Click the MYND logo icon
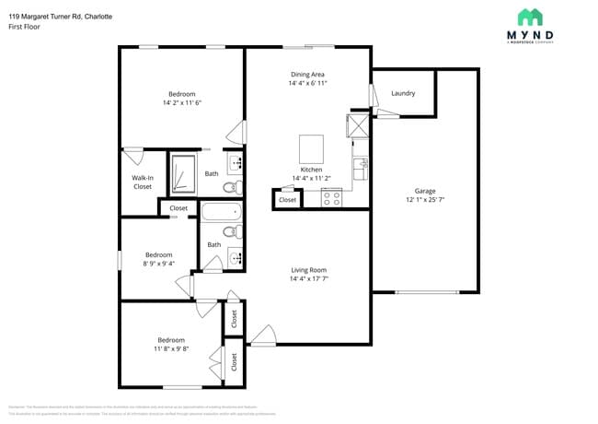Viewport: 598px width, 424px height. tap(530, 17)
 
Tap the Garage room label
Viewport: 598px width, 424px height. tap(424, 191)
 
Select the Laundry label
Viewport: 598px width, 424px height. tap(403, 93)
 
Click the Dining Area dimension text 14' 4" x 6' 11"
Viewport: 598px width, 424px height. tap(308, 84)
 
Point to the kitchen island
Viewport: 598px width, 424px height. tap(311, 148)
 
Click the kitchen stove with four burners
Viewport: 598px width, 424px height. tap(331, 196)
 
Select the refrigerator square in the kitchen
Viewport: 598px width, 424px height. tap(357, 124)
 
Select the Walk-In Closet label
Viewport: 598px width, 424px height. tap(142, 182)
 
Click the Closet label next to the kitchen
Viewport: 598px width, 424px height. tap(288, 199)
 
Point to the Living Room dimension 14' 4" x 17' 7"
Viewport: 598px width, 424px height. tap(308, 278)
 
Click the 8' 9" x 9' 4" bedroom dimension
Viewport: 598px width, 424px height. tap(158, 264)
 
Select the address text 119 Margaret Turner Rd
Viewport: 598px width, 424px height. tap(46, 17)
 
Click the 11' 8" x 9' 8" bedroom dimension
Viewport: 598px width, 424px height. tap(170, 349)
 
